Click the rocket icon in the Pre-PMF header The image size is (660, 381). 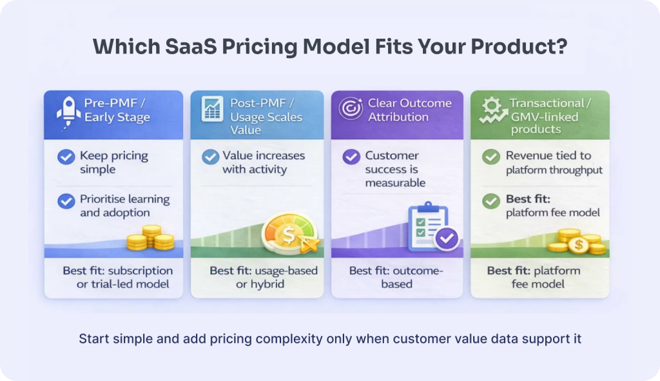(68, 112)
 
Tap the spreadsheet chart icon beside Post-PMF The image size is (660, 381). (212, 109)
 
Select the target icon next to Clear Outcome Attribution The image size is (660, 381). (351, 108)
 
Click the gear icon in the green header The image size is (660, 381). (491, 106)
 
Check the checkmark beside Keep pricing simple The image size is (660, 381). (66, 157)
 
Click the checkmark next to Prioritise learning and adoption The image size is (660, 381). (66, 200)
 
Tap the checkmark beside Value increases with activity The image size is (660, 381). (211, 157)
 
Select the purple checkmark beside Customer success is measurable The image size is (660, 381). (351, 157)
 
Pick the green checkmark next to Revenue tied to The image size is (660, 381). (490, 157)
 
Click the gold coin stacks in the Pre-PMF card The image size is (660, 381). (151, 238)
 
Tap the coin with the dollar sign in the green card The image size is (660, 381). (579, 245)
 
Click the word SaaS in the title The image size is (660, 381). (191, 46)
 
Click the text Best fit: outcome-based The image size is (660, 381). (396, 277)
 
